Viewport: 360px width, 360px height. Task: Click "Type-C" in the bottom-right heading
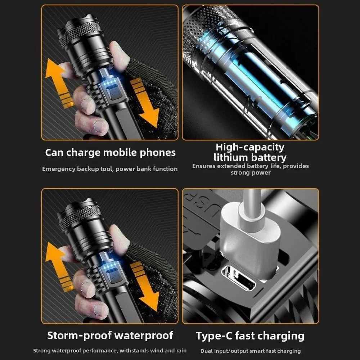tap(214, 336)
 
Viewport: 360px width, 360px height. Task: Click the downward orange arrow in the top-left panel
tap(144, 103)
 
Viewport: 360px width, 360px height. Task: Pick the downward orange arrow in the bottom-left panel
tap(144, 287)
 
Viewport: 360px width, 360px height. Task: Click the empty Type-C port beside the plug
tap(239, 278)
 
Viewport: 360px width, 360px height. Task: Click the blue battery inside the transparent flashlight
tap(260, 80)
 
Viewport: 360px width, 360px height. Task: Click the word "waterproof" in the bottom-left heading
tap(144, 336)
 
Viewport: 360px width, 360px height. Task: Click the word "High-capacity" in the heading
tap(250, 147)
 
